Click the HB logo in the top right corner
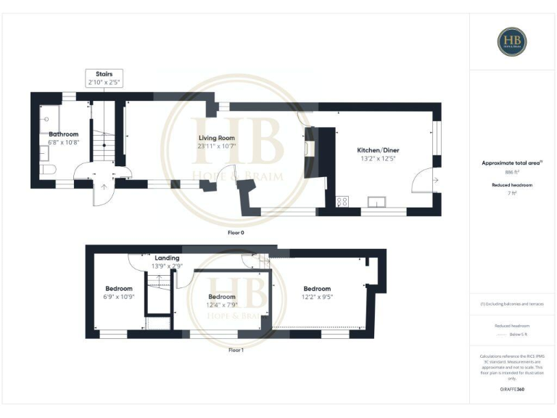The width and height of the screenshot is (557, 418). [x=512, y=41]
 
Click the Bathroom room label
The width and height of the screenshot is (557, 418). [x=63, y=134]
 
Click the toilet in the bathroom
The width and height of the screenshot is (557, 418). [x=48, y=170]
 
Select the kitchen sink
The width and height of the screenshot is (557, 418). [x=377, y=201]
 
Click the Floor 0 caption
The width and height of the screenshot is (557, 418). [x=236, y=233]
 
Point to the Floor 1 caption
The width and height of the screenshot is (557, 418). [x=236, y=350]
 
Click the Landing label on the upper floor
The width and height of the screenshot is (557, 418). [x=167, y=258]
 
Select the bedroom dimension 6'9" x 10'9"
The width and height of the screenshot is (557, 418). [x=118, y=297]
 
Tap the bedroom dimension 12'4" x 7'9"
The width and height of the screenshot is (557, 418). [x=222, y=305]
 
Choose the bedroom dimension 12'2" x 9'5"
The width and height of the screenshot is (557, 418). [x=317, y=296]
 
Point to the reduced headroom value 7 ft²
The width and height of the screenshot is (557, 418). [x=512, y=194]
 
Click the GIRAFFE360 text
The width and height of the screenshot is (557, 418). [x=512, y=390]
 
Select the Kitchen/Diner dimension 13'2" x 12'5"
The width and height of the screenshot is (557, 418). [x=379, y=158]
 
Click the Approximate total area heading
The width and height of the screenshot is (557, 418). [x=512, y=163]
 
